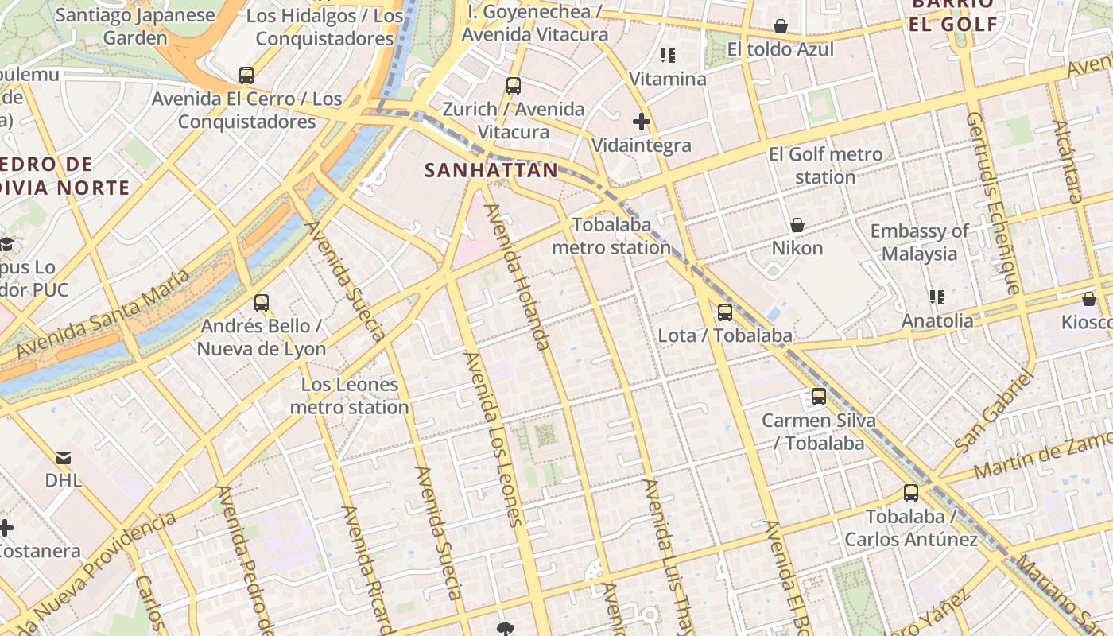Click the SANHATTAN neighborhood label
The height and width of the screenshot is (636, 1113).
click(x=491, y=170)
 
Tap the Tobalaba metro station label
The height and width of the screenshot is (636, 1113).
click(x=611, y=236)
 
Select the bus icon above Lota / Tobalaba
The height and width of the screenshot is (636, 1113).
click(x=724, y=312)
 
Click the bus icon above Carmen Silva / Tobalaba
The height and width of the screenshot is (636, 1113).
click(x=819, y=397)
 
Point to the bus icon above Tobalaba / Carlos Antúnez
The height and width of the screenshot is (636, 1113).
click(x=911, y=493)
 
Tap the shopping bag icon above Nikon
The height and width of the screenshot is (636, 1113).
click(x=797, y=225)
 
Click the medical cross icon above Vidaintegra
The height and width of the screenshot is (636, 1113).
click(x=642, y=122)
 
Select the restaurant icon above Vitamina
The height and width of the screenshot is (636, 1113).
click(x=668, y=56)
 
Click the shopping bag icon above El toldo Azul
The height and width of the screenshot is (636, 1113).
click(x=781, y=26)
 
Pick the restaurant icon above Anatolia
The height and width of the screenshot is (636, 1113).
click(x=937, y=297)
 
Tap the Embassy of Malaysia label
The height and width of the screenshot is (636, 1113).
click(x=919, y=242)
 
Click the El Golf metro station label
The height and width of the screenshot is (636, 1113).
click(x=825, y=165)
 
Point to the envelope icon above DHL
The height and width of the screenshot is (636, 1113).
click(x=64, y=457)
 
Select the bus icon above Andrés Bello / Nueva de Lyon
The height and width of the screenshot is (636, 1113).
click(x=262, y=303)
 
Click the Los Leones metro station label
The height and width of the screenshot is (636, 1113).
click(x=349, y=396)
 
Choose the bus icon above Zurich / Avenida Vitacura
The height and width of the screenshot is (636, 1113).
click(x=514, y=85)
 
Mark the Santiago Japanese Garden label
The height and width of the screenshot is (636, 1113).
click(x=135, y=26)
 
